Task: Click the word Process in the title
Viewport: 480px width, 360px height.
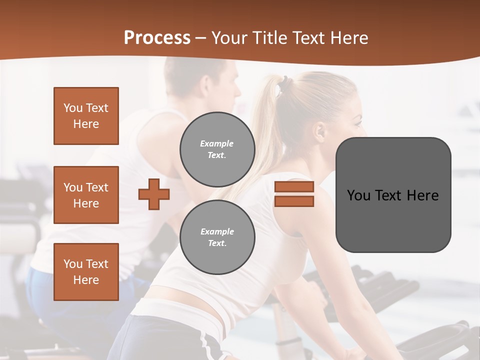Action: [157, 38]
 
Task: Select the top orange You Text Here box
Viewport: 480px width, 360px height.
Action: [86, 116]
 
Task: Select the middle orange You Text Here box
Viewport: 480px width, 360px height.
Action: [86, 195]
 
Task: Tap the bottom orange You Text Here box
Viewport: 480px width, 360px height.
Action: [86, 272]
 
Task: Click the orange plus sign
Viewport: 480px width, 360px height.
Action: [154, 194]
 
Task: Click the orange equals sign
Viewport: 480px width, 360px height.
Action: [294, 194]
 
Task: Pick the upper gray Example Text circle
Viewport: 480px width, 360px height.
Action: [217, 149]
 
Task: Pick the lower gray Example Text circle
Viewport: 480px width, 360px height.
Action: [217, 237]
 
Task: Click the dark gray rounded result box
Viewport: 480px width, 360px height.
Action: [393, 195]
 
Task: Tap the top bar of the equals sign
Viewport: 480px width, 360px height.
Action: [294, 187]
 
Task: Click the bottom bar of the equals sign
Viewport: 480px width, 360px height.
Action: [294, 201]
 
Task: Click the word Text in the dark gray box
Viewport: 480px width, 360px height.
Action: [393, 195]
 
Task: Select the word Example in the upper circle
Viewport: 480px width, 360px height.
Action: [217, 143]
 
